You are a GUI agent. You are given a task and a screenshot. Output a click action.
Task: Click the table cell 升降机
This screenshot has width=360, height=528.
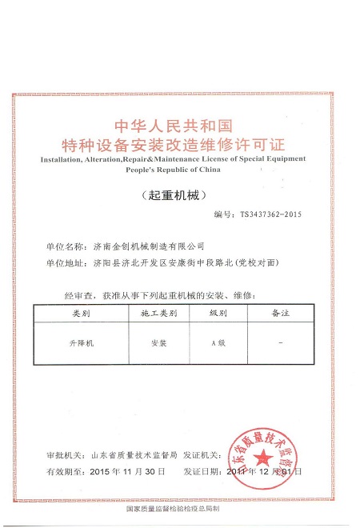pos(83,342)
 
